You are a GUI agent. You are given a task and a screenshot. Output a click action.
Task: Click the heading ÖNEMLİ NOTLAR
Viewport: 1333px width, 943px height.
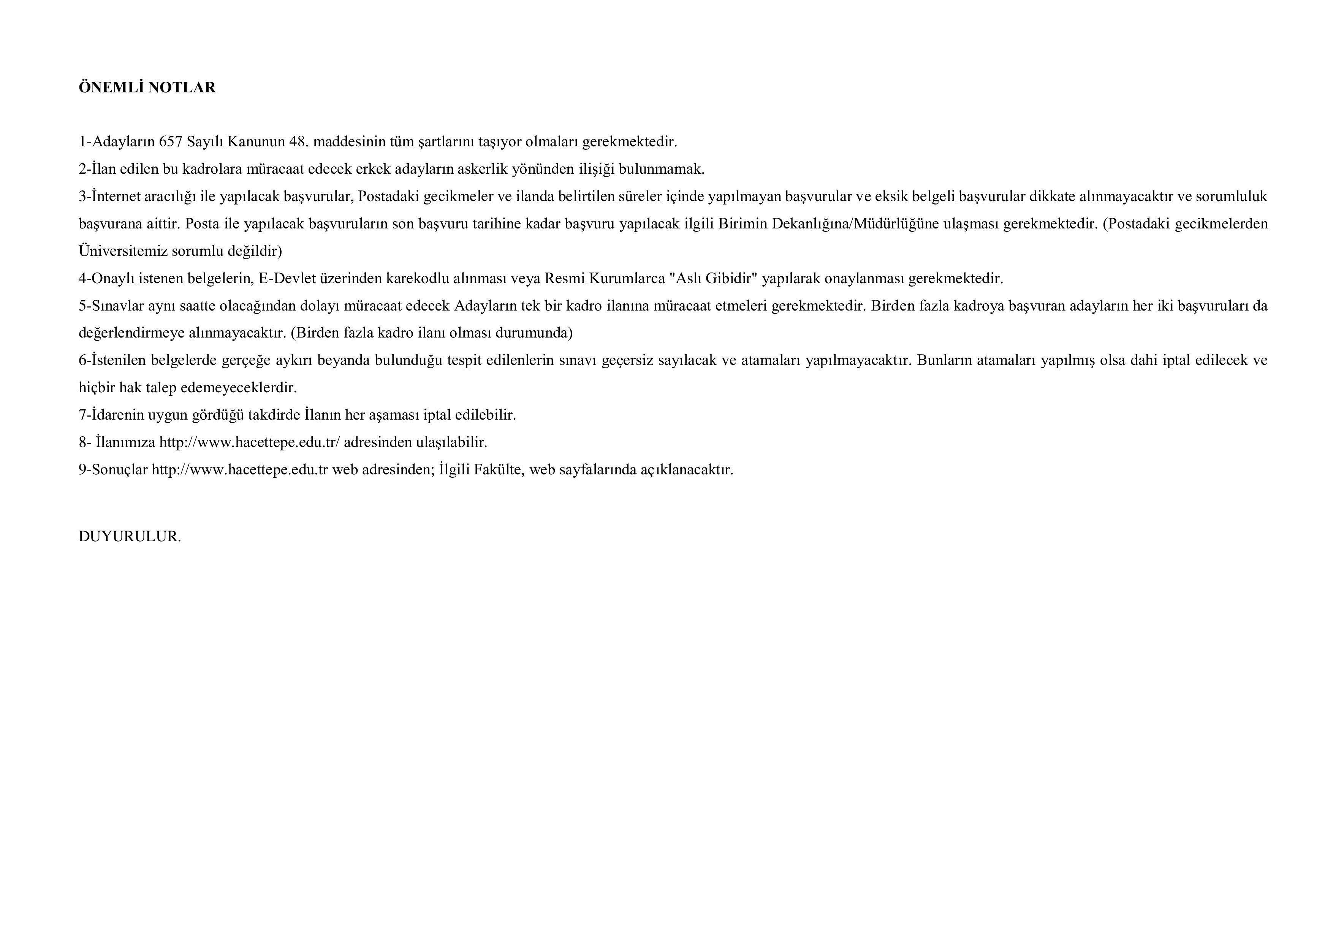click(147, 88)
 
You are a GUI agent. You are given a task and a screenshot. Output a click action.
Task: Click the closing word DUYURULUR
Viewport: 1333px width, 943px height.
click(130, 537)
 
